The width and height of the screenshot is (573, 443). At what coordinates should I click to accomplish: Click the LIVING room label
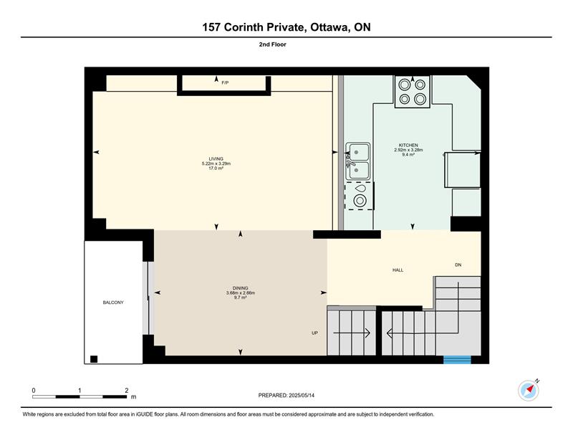tap(216, 158)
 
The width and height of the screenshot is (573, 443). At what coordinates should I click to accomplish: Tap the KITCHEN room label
tap(408, 146)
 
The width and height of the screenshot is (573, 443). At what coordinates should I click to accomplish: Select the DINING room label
tap(240, 288)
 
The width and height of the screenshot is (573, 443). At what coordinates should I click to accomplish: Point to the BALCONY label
tap(113, 303)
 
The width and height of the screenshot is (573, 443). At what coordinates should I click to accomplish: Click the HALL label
tap(398, 270)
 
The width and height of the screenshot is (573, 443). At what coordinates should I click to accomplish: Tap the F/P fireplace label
tap(225, 83)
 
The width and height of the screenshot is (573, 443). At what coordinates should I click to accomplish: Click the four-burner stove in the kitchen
tap(413, 92)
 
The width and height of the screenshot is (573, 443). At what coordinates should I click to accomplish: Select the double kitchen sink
tap(357, 161)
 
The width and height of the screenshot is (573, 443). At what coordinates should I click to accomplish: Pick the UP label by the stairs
tap(314, 333)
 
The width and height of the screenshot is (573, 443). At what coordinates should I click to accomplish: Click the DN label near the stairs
tap(458, 265)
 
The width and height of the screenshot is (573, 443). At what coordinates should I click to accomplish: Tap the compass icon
tap(529, 391)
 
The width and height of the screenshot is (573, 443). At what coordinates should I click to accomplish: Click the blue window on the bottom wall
tap(457, 360)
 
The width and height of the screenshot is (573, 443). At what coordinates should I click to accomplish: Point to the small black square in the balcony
tap(94, 359)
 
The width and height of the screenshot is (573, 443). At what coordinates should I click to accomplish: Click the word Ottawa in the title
tap(329, 27)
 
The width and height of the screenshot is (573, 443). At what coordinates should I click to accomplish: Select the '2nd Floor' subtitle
tap(273, 44)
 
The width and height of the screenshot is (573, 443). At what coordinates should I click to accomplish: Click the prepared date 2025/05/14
tap(302, 396)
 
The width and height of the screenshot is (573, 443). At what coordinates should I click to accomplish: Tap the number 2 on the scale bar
tap(127, 391)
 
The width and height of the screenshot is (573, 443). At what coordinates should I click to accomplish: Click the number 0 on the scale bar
tap(34, 391)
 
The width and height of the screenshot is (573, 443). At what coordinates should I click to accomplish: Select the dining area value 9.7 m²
tap(240, 297)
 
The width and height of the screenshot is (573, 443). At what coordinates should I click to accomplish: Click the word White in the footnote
tap(29, 414)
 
